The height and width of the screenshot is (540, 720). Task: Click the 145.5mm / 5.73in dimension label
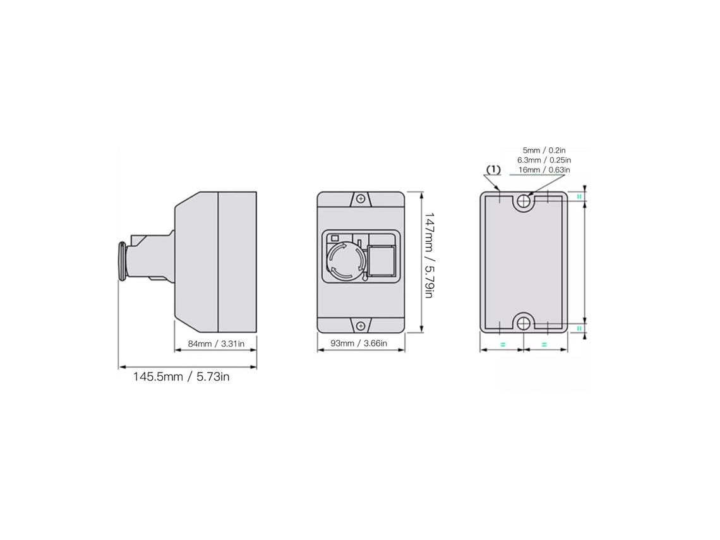(181, 377)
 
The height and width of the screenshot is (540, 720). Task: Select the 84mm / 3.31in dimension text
(216, 344)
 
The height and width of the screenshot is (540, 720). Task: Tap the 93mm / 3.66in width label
(359, 343)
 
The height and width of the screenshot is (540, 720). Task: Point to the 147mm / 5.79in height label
(428, 255)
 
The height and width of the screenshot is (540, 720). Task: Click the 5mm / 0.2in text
(544, 150)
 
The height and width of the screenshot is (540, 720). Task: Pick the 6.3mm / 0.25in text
(544, 160)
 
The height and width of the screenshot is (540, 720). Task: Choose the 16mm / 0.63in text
(544, 169)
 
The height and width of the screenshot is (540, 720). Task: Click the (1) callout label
(493, 169)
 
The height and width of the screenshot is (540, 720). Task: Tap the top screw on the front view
(361, 199)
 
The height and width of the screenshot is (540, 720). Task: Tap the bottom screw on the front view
(361, 325)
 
